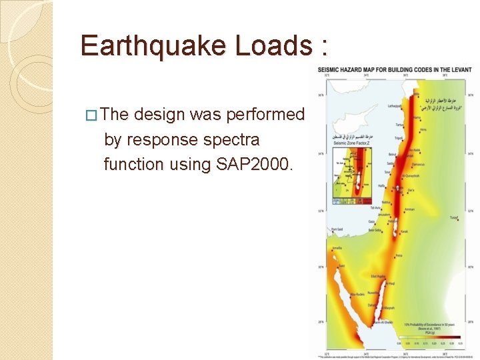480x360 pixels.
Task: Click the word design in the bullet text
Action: (160, 115)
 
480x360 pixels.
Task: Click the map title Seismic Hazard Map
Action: (398, 69)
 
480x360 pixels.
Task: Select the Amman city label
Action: (409, 209)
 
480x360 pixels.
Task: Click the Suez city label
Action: (342, 265)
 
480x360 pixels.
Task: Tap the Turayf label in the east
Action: (454, 217)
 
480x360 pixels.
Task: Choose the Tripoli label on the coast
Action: (398, 138)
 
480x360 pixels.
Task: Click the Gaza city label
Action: (372, 221)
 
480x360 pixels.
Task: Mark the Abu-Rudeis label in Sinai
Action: (358, 294)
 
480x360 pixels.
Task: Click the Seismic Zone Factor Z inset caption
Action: (348, 143)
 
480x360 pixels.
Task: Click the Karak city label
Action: (405, 232)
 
